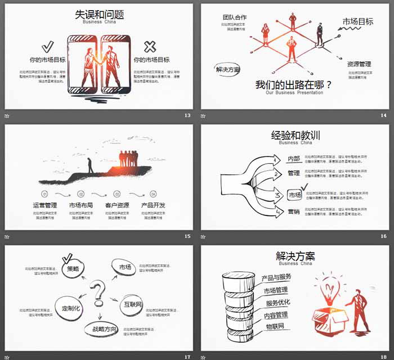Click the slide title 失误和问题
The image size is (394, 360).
point(100,15)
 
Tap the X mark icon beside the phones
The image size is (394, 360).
point(150,47)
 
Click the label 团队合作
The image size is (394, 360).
point(234,17)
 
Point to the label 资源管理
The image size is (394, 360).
point(359,64)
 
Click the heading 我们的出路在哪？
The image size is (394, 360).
point(294,85)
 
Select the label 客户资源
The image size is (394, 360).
point(117,205)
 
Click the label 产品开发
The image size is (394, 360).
point(153,205)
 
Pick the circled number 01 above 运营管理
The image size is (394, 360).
point(45,193)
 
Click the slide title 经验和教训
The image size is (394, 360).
point(295,135)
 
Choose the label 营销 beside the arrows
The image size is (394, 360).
point(294,211)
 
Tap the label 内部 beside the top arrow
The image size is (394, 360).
point(294,159)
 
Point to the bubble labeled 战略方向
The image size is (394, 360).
point(101,329)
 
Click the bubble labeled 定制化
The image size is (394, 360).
point(71,308)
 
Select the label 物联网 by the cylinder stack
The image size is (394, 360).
point(275,326)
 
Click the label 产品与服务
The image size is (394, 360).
point(276,277)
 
